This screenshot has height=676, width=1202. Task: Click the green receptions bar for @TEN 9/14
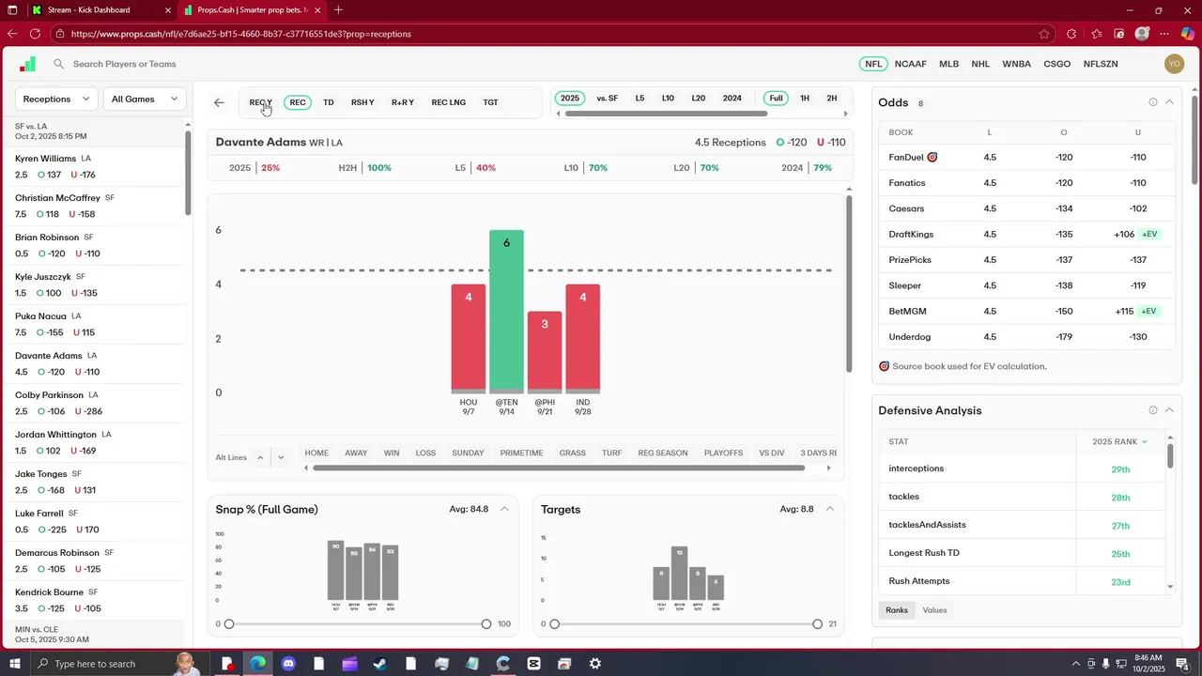coord(506,311)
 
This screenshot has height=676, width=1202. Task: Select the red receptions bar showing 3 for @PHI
coord(545,351)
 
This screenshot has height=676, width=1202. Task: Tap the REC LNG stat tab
coord(448,102)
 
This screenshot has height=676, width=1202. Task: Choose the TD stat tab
coord(328,102)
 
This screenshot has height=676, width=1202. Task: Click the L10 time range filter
coord(668,99)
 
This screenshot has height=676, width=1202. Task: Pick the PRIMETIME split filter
coord(521,453)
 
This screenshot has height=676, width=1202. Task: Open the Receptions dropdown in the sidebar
coord(57,99)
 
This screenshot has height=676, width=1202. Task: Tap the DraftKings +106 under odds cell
coord(1124,235)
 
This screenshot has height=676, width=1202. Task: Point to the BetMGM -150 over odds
coord(1064,312)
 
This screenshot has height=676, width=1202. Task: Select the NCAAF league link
coord(910,64)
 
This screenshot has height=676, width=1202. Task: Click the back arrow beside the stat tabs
coord(219,102)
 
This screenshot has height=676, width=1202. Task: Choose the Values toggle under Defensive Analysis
coord(934,610)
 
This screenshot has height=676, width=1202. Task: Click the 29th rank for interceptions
coord(1120,469)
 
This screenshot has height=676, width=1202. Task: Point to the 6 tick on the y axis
coord(219,230)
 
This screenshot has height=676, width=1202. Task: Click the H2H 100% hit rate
coord(378,168)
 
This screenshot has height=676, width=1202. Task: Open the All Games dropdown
coord(145,99)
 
